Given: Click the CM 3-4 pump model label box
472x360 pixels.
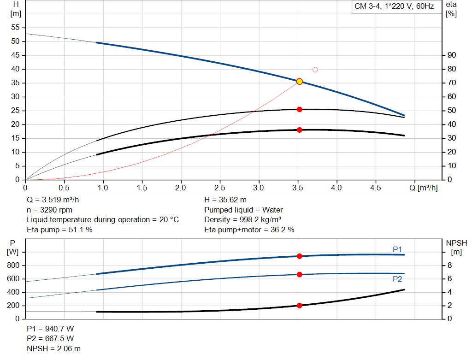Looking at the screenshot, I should [x=394, y=7].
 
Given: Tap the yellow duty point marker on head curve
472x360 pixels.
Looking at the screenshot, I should [x=300, y=82].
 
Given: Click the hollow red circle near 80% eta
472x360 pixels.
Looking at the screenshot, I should [x=315, y=70].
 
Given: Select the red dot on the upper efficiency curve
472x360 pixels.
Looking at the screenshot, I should [x=300, y=109].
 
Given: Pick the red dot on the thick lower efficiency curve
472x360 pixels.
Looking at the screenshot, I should [x=300, y=130].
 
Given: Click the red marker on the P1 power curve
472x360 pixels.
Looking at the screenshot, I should [x=300, y=256].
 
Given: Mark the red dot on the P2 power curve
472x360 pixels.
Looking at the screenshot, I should [x=300, y=274].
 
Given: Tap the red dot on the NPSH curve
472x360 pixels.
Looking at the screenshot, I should [x=300, y=305].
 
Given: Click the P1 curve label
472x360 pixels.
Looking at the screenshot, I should [x=397, y=249].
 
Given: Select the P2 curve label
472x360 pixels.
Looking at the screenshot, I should [x=397, y=279].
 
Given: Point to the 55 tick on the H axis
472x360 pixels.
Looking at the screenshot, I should [x=16, y=28].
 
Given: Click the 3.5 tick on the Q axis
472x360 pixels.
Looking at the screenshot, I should [x=298, y=188].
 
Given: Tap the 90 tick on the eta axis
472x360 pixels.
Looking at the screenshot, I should [x=452, y=55].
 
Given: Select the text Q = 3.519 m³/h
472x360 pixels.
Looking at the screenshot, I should [x=56, y=200].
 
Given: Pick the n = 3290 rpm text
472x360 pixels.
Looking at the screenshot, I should [x=49, y=210].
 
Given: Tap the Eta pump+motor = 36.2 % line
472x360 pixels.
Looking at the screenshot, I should [x=249, y=230].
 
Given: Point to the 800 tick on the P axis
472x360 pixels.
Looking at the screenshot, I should [x=14, y=266].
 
